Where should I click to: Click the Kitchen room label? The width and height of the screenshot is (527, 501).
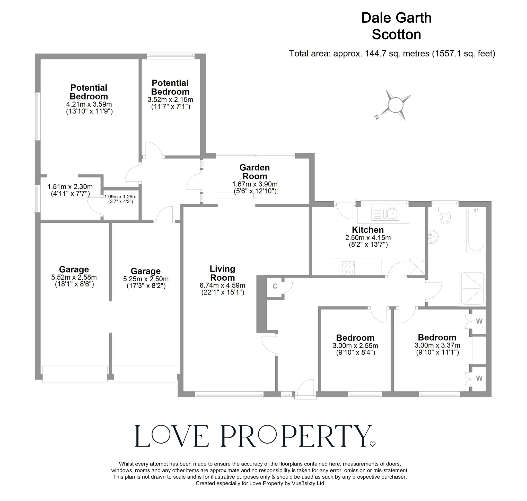(368, 230)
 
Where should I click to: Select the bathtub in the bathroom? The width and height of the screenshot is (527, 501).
(476, 230)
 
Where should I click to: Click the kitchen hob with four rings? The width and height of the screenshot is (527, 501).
(348, 268)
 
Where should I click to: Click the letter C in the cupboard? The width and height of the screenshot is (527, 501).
(275, 286)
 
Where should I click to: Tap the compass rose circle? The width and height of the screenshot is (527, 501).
(395, 105)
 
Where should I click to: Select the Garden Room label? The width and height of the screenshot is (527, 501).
(254, 172)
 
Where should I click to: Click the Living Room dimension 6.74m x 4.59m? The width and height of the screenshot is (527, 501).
(222, 286)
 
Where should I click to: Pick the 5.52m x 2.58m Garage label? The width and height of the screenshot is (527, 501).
(74, 270)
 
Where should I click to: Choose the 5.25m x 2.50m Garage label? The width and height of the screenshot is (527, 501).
(145, 271)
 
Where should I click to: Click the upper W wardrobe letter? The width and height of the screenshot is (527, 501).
(479, 321)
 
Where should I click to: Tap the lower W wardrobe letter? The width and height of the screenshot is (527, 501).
(479, 378)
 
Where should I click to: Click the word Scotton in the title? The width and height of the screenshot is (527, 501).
(396, 35)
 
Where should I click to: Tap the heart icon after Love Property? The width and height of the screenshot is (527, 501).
(372, 444)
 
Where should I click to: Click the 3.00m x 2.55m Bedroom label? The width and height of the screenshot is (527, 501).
(355, 338)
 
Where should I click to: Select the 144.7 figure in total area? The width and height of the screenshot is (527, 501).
(373, 54)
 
